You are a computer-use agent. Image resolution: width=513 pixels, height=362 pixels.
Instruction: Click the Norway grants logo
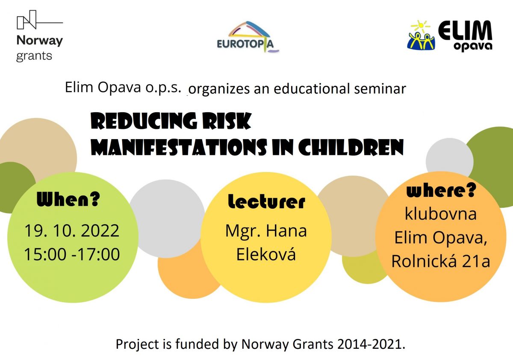click(40, 36)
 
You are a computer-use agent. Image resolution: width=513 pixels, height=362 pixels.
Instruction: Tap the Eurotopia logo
click(248, 37)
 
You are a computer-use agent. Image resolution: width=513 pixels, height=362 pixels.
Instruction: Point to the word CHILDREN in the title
click(351, 147)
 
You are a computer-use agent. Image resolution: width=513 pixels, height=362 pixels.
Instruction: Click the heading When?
click(68, 199)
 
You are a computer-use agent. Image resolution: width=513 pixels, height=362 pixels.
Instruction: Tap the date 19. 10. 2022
click(72, 231)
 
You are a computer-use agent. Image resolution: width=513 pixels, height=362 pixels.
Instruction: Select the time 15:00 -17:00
click(72, 254)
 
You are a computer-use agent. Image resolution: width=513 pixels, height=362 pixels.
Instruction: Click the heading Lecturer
click(267, 201)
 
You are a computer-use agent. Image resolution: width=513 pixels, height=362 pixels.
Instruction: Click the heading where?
click(441, 190)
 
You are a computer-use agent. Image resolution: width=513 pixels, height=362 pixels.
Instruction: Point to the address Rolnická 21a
click(441, 261)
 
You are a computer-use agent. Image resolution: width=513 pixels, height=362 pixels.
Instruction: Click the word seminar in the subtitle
click(380, 88)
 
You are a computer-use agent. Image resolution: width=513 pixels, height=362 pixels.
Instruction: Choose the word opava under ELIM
click(473, 46)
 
